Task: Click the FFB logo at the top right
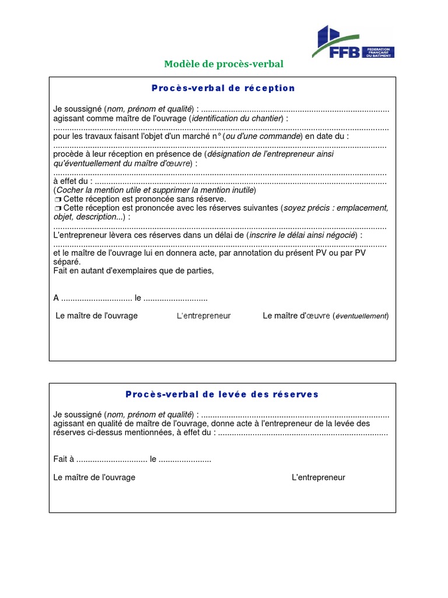click(x=355, y=43)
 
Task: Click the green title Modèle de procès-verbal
click(x=224, y=64)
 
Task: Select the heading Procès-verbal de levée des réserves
click(x=222, y=394)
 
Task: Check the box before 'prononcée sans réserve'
click(x=57, y=200)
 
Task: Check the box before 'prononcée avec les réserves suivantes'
click(x=57, y=208)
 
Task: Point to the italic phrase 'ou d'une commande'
click(x=267, y=136)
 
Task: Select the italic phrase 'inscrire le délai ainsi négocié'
click(x=302, y=235)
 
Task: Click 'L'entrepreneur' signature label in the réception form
click(x=204, y=316)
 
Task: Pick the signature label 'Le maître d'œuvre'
click(x=296, y=316)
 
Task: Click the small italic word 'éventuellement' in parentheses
click(x=360, y=317)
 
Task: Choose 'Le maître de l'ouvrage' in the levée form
click(x=94, y=477)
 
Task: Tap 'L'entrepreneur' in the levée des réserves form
click(x=318, y=477)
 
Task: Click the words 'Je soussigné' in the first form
click(x=78, y=109)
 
